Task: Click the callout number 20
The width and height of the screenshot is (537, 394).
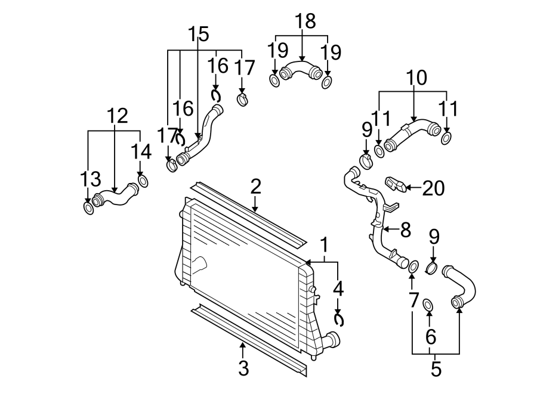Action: pos(434,188)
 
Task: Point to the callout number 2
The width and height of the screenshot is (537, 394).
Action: pos(255,187)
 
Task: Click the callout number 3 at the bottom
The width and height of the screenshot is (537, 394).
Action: pos(243,368)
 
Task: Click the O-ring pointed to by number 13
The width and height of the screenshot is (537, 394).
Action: pos(88,208)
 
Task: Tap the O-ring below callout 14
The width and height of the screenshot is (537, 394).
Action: pos(143,180)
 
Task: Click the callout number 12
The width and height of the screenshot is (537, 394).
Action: pos(117,116)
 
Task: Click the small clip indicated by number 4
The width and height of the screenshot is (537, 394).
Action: pos(339,320)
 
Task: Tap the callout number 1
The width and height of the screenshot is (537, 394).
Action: pos(325,245)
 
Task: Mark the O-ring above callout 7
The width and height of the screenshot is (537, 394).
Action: pos(412,266)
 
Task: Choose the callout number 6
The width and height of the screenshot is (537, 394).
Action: pos(430,337)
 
